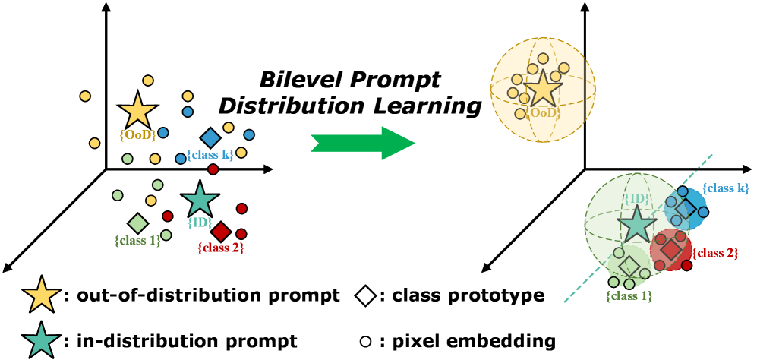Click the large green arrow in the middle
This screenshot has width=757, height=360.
(363, 143)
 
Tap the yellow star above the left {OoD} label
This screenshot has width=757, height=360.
(137, 112)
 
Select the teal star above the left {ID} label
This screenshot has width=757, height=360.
(200, 200)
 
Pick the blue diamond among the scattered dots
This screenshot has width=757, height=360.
(210, 138)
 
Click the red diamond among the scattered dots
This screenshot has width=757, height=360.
(221, 232)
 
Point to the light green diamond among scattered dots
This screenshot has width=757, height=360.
(137, 223)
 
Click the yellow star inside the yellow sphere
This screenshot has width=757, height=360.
(543, 89)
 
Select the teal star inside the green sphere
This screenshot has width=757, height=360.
(636, 224)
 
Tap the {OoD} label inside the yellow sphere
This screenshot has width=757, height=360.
(544, 113)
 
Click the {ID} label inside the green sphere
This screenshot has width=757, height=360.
(636, 199)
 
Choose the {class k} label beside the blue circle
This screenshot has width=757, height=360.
(725, 188)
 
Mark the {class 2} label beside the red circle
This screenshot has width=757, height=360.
(714, 253)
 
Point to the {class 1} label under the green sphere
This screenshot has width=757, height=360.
(629, 295)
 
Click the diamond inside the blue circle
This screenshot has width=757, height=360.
(685, 208)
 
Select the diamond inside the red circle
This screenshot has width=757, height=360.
(670, 250)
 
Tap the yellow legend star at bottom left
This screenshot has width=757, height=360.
(42, 295)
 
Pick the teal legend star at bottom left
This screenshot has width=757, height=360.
(42, 340)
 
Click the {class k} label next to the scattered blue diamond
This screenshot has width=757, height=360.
(210, 155)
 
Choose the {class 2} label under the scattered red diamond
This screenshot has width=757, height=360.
(220, 248)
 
